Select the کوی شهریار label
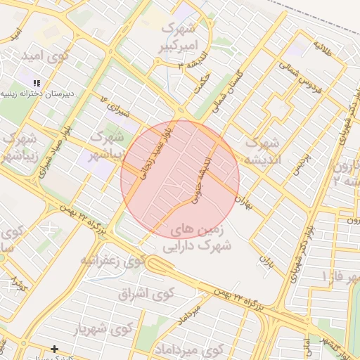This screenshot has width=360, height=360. (103, 328)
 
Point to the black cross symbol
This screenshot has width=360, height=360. (54, 349)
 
